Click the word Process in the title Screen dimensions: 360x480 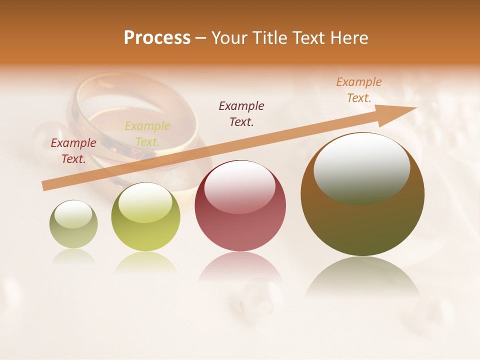tap(157, 38)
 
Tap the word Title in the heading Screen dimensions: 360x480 tap(269, 38)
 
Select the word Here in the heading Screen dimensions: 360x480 tap(350, 38)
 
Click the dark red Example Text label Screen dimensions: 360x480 tap(73, 151)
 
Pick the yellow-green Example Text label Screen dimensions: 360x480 tap(147, 134)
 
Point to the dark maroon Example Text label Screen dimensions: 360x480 tap(241, 113)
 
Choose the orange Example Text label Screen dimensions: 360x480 tap(359, 90)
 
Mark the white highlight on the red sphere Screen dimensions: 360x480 tap(239, 187)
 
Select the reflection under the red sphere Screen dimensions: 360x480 tap(240, 267)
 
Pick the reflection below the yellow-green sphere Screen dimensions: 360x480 tap(145, 263)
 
